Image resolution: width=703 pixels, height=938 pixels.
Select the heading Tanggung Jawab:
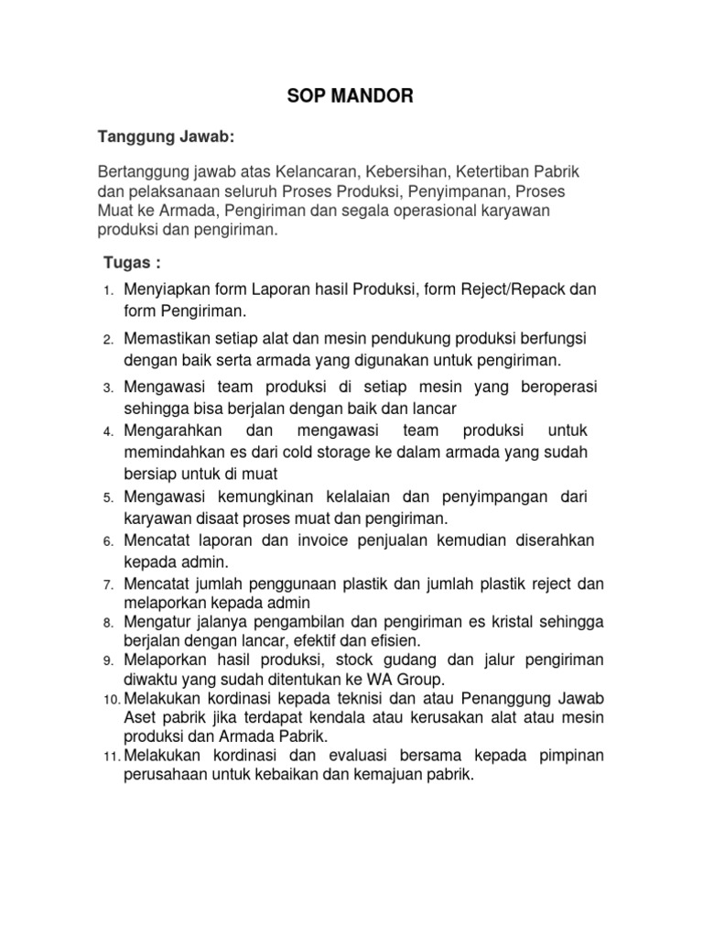point(166,136)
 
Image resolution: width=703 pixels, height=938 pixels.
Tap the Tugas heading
point(131,264)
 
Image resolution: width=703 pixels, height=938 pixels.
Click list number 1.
point(107,291)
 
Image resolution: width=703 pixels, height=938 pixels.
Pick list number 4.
point(107,431)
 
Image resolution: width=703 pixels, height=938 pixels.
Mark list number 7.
point(107,584)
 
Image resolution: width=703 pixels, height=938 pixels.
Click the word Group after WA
point(418,679)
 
